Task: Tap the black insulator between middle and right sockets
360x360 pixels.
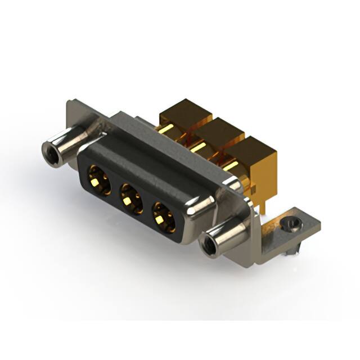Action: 147,207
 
